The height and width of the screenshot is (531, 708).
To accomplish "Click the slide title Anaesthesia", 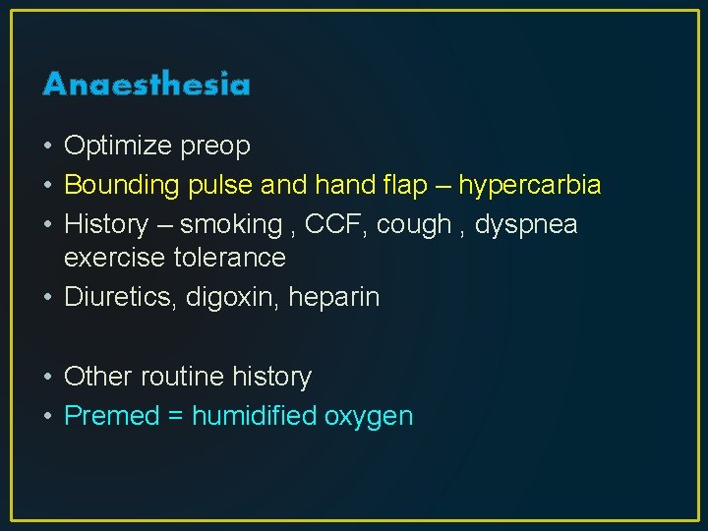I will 147,85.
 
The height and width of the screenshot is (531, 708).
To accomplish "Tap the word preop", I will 215,147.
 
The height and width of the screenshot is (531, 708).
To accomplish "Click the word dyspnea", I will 527,225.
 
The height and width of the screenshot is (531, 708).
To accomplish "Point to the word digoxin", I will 234,298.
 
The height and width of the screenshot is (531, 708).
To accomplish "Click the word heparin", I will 334,298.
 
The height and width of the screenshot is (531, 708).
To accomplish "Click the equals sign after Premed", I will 176,417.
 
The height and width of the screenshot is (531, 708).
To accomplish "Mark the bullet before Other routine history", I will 48,378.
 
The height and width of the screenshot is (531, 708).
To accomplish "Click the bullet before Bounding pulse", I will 48,186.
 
